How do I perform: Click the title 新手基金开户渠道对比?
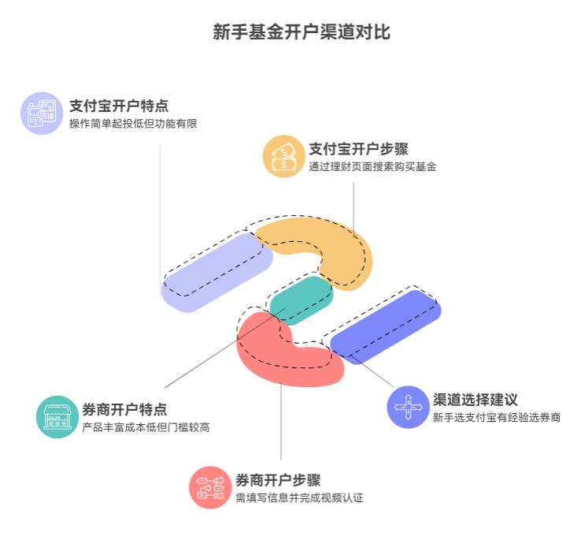(x=302, y=32)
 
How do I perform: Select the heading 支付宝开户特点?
(x=118, y=106)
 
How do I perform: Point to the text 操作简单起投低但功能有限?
(x=132, y=124)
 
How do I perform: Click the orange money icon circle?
(x=283, y=156)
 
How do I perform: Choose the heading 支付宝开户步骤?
(x=358, y=148)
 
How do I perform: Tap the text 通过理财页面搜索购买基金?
(x=372, y=167)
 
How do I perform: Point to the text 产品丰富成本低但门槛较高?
(x=146, y=428)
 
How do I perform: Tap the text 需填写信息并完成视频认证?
(x=299, y=498)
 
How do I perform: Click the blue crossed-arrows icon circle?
(x=408, y=407)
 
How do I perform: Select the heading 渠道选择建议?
(x=476, y=399)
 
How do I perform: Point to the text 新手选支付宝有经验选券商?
(x=497, y=418)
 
